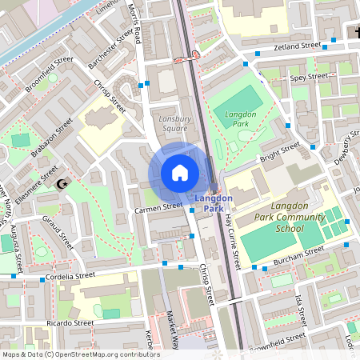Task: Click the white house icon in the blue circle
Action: coord(179,173)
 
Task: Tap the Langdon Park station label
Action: coord(214,203)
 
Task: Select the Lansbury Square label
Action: coord(175,123)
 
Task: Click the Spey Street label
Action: coord(309,78)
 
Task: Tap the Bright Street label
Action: coord(279,151)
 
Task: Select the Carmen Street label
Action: coord(159,206)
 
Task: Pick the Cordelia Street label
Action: coord(70,276)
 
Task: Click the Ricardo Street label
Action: coord(70,323)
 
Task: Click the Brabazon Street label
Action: coord(53,138)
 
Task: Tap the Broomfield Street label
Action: coord(49,73)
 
